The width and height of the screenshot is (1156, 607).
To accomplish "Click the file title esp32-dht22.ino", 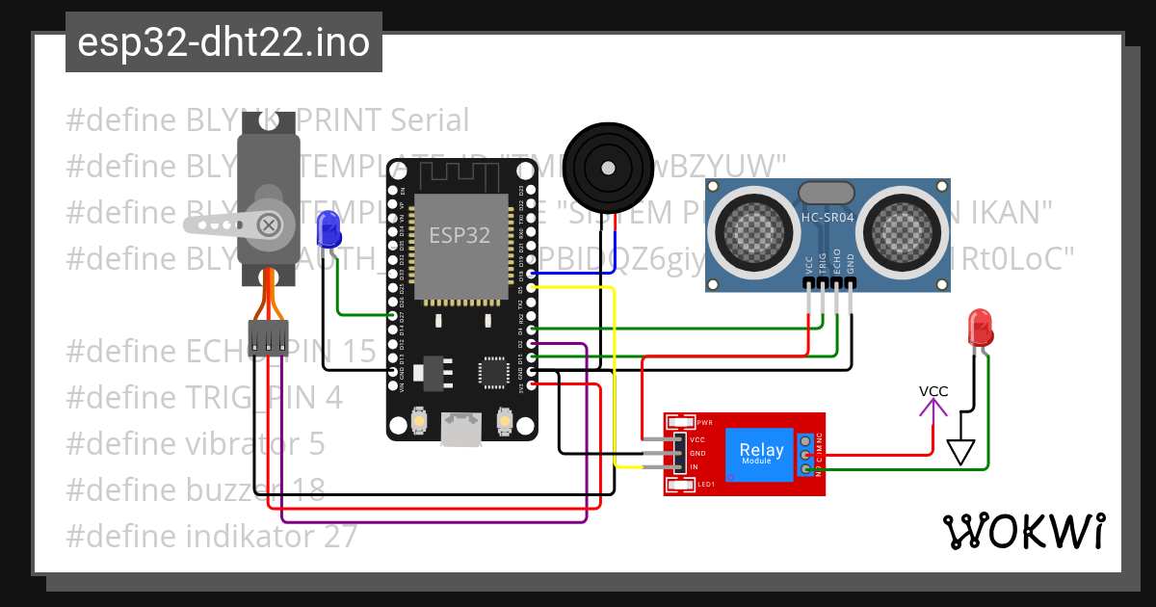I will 223,42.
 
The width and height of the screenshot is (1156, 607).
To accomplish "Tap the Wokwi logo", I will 1023,531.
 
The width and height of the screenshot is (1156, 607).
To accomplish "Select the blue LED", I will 328,227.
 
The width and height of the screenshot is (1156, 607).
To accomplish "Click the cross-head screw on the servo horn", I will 271,225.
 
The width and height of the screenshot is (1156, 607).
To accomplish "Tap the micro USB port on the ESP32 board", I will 461,428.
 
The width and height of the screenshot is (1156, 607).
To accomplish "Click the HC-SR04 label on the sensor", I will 827,218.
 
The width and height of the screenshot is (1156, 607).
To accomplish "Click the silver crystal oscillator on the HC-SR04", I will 827,193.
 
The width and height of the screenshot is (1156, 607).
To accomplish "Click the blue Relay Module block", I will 760,453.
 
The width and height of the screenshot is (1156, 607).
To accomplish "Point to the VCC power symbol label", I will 933,391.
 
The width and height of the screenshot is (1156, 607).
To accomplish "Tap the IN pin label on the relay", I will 694,467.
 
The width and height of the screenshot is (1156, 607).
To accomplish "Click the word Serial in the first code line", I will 430,120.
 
